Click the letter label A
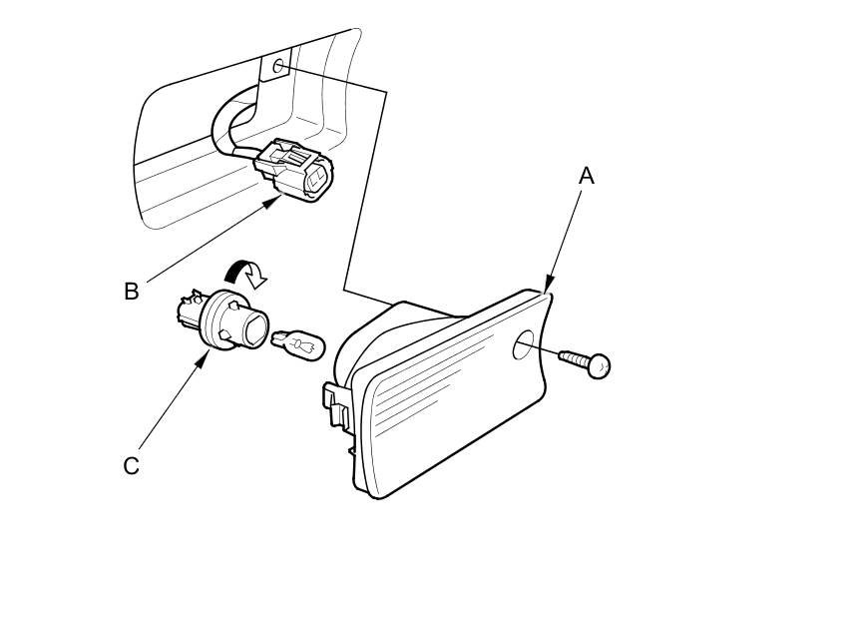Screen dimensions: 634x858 [587, 176]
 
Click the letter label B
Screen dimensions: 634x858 [131, 292]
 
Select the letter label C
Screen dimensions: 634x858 [131, 466]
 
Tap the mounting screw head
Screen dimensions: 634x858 [599, 366]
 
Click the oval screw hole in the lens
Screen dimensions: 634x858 [522, 346]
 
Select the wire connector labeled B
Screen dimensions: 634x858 [296, 170]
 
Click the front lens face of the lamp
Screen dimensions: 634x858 [449, 399]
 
